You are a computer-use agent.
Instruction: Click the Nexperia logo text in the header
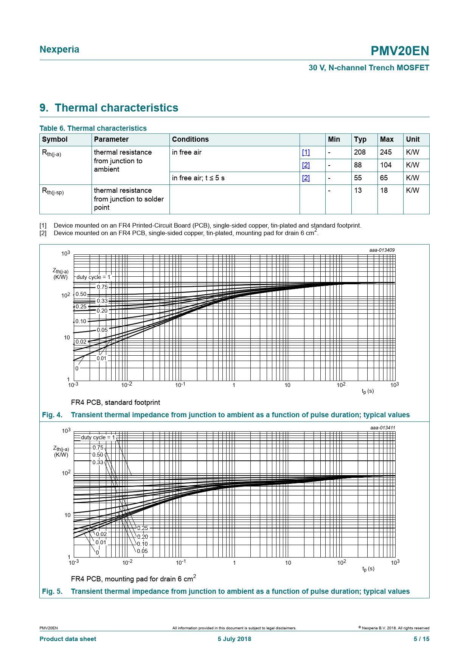tap(59, 50)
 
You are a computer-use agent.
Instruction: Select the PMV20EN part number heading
tap(400, 51)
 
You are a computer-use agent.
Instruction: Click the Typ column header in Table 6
tap(360, 139)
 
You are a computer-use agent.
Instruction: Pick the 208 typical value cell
tap(360, 152)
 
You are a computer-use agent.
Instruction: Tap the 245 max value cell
tap(386, 152)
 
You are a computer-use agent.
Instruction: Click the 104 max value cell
tap(386, 165)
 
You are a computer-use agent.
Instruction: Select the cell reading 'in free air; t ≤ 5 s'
tap(198, 178)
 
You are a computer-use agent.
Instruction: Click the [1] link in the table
tap(306, 152)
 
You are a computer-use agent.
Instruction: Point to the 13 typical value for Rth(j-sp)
tap(358, 191)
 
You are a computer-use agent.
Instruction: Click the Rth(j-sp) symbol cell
tap(53, 191)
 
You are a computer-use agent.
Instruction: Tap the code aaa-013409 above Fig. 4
tap(382, 250)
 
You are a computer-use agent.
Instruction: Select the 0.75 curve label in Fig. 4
tap(102, 287)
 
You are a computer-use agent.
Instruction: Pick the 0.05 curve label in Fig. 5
tap(142, 551)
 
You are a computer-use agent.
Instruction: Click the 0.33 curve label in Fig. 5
tap(98, 462)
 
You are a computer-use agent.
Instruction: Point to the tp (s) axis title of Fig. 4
tap(368, 391)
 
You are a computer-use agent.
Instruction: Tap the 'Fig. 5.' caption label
tap(52, 592)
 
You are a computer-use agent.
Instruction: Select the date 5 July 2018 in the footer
tap(234, 639)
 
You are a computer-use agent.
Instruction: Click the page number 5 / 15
tap(421, 639)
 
